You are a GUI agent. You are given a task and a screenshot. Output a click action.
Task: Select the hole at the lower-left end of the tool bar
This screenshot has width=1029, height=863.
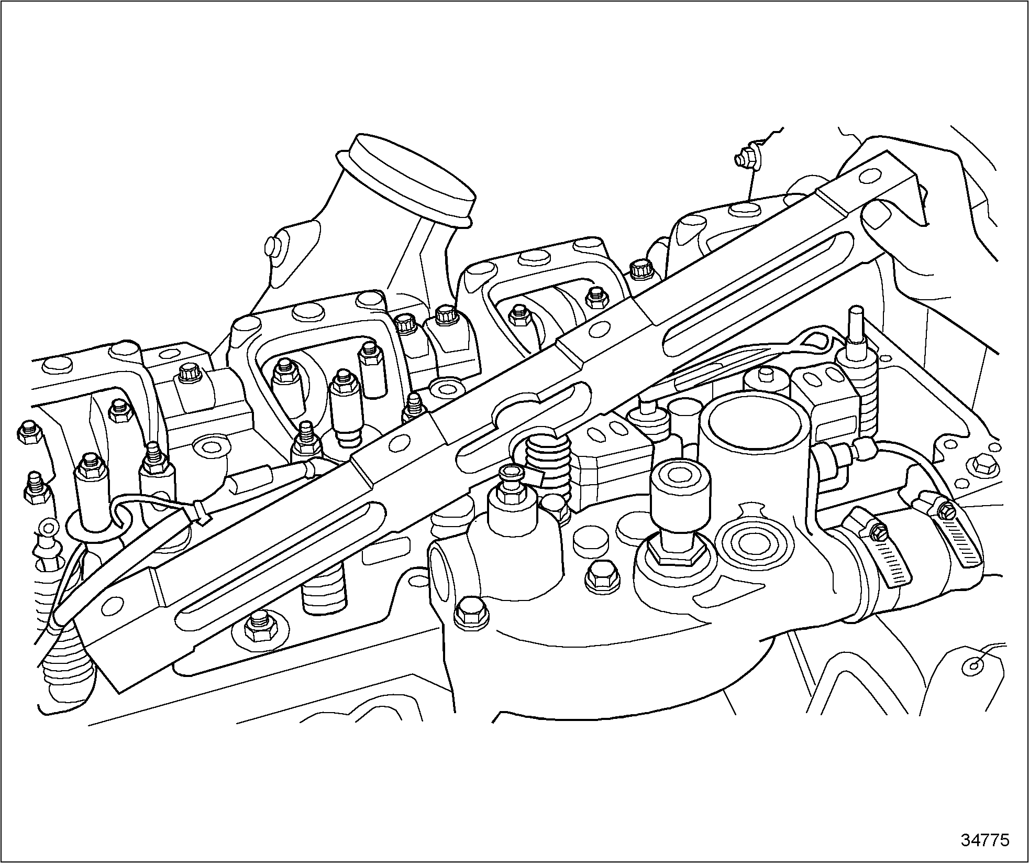pyautogui.click(x=110, y=606)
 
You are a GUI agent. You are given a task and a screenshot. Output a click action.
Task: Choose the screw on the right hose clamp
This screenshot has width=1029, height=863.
pyautogui.click(x=944, y=510)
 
